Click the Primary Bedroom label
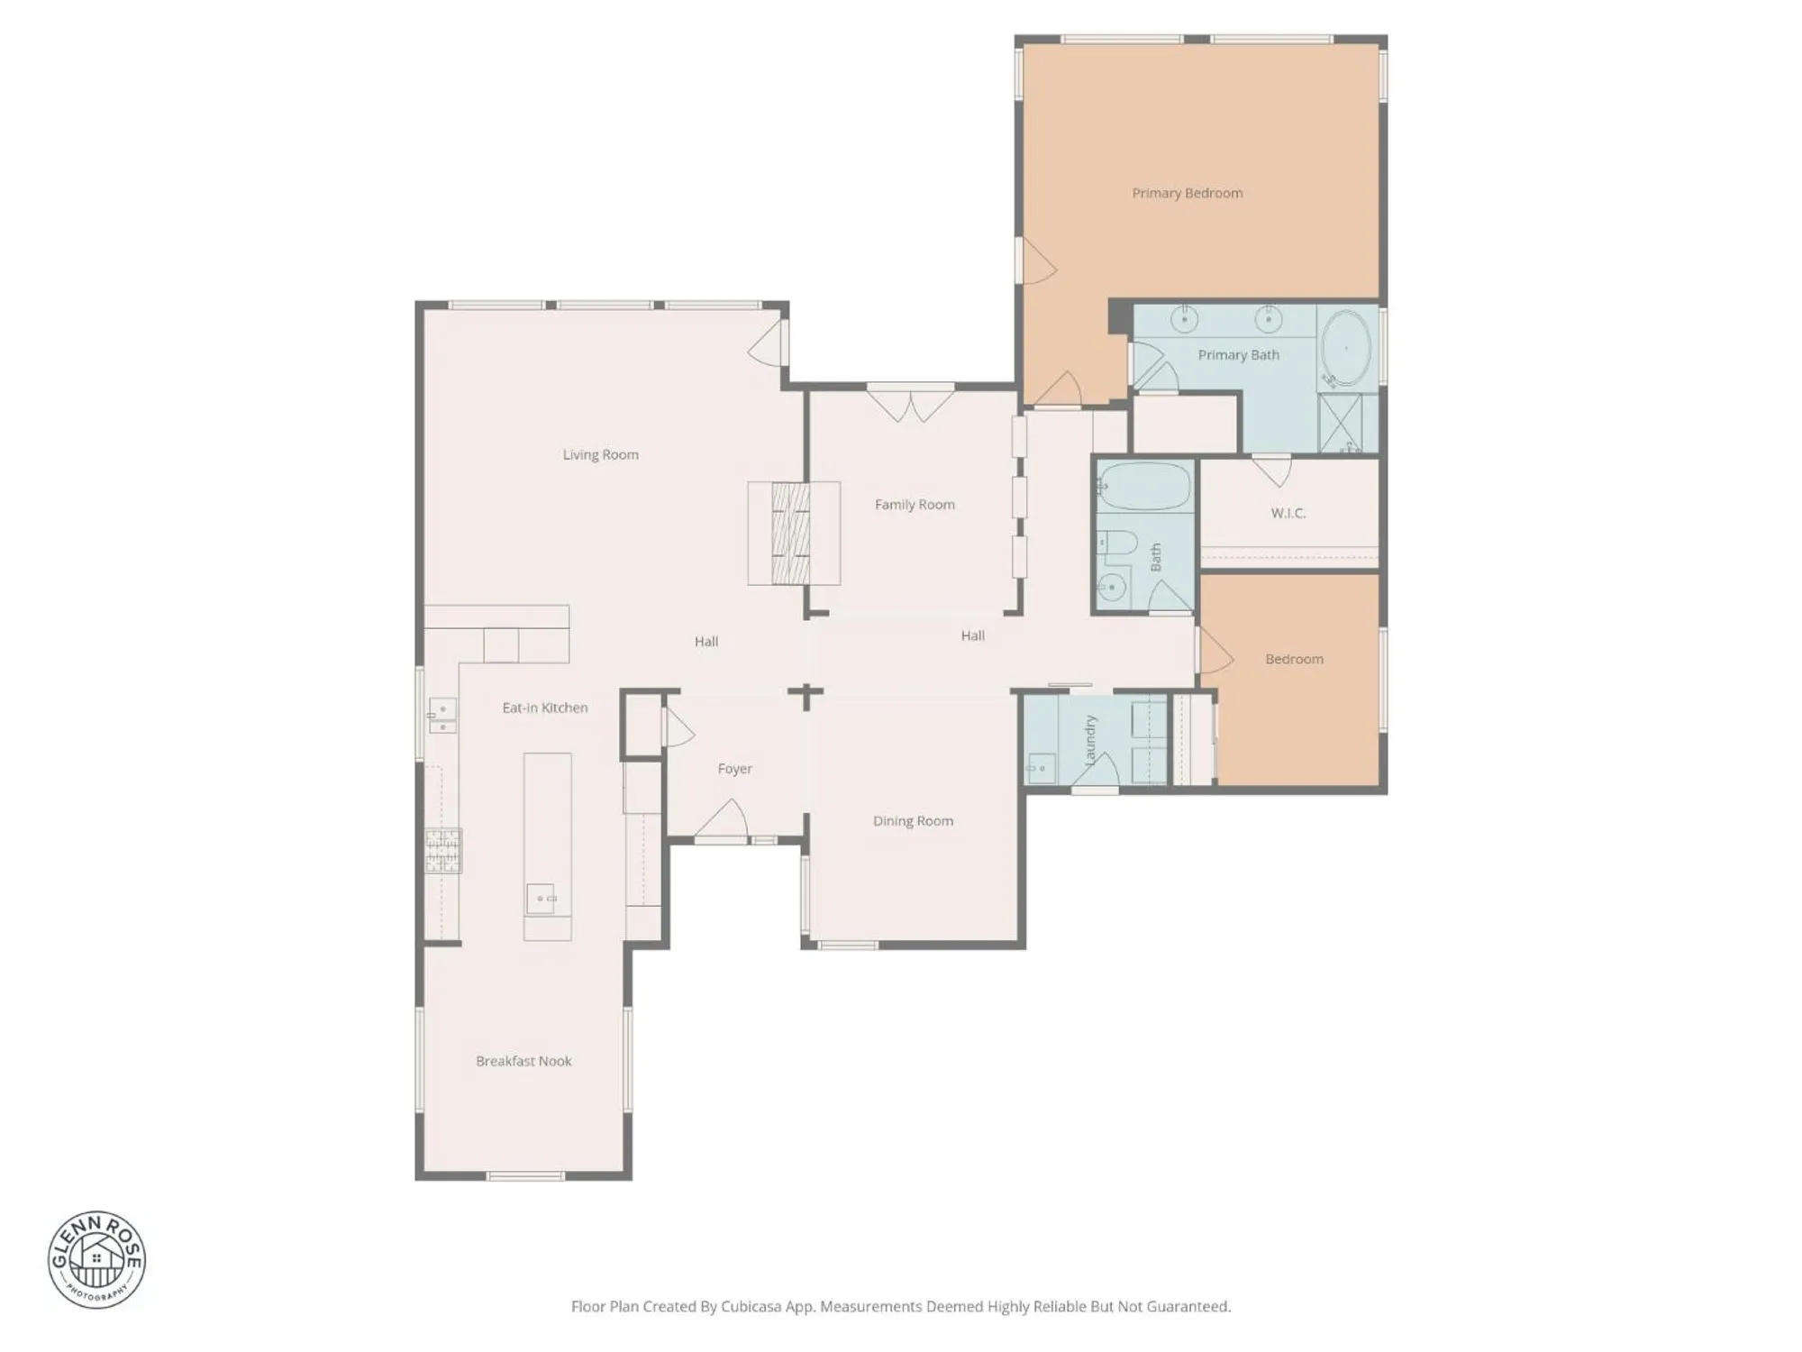1187,193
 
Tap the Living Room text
600,454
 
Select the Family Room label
915,505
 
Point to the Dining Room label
913,821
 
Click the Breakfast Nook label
523,1061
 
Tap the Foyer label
734,769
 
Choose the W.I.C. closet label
1288,513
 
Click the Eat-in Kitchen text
545,708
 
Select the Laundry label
1090,740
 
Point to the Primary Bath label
1238,355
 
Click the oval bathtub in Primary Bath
1346,349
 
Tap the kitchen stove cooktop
443,851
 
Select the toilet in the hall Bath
1115,544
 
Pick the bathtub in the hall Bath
1144,488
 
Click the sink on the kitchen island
541,899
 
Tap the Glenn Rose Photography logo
96,1259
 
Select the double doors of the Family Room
910,403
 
